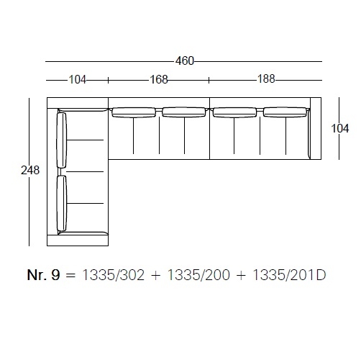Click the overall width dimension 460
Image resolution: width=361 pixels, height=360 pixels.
pos(184,61)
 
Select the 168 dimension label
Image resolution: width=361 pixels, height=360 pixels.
pos(159,79)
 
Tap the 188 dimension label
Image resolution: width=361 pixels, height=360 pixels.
pos(266,78)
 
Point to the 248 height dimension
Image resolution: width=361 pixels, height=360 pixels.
pos(30,171)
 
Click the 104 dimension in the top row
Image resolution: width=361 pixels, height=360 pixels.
pos(78,79)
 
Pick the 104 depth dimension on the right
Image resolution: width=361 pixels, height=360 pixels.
pos(340,128)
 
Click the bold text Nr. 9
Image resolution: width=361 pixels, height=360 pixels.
pos(43,275)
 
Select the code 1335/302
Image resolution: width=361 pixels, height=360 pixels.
pos(114,275)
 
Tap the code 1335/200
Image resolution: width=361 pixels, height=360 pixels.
pos(198,275)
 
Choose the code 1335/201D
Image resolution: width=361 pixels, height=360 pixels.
pos(289,275)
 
